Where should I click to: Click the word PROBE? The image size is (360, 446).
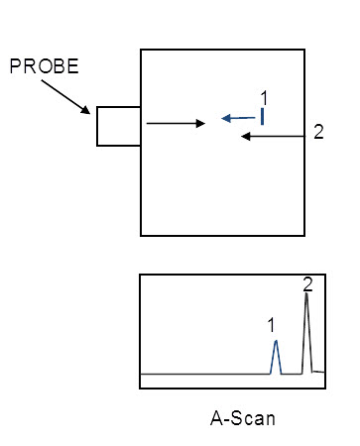(44, 66)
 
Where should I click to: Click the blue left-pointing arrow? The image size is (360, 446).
(239, 118)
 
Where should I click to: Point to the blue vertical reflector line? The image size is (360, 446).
(262, 117)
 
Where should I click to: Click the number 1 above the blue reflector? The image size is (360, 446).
(264, 97)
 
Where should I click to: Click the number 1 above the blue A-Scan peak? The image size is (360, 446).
(271, 324)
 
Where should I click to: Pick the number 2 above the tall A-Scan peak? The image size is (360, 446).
(307, 285)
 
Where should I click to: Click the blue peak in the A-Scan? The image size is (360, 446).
(277, 356)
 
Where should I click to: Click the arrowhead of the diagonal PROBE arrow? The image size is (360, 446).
(91, 113)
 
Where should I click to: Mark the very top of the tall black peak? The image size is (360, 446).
(307, 294)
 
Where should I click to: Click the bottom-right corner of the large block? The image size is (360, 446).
(303, 235)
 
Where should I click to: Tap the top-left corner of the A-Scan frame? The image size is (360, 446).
(140, 276)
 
